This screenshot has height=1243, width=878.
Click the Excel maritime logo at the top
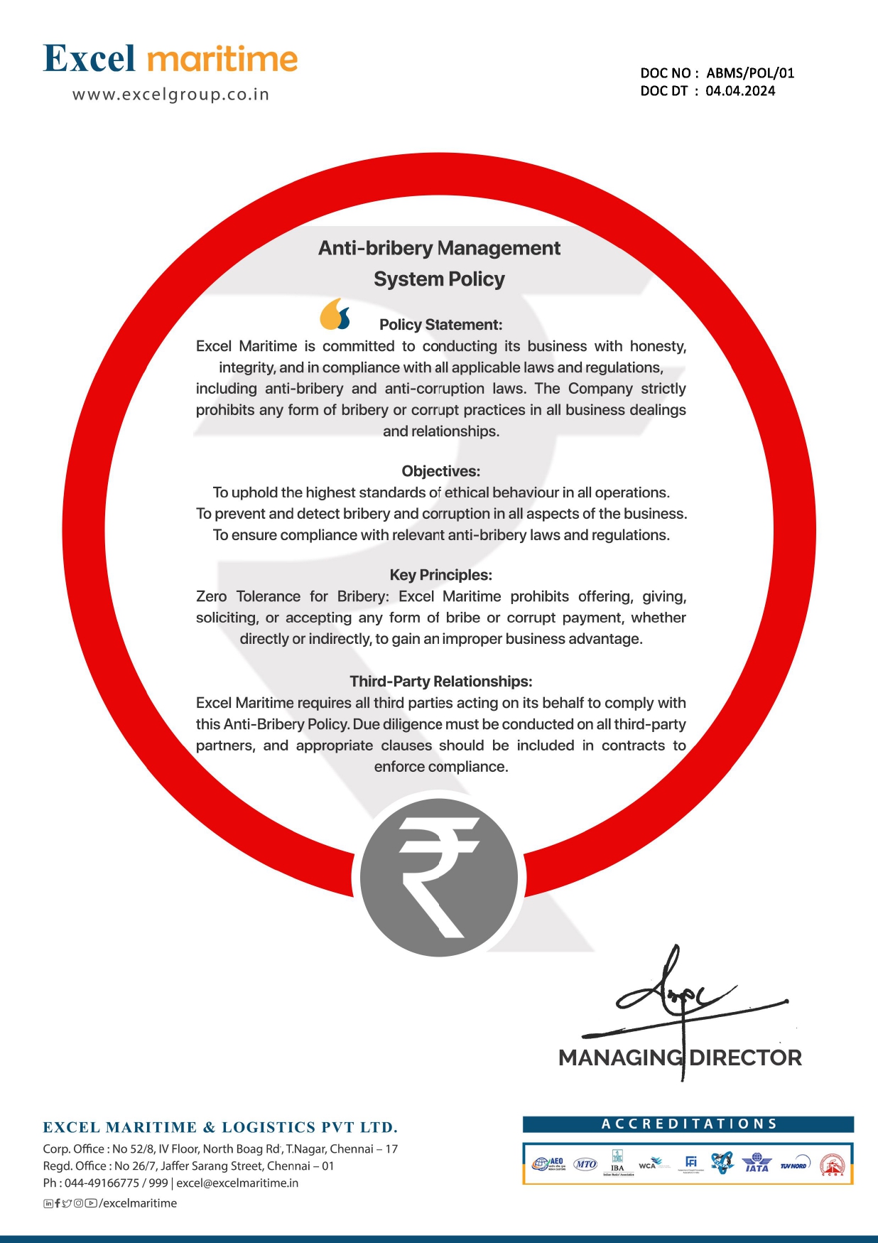[x=170, y=59]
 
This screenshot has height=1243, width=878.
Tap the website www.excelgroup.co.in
[x=170, y=95]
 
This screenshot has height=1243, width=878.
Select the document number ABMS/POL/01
[x=750, y=73]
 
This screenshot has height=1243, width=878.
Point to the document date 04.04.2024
[x=740, y=91]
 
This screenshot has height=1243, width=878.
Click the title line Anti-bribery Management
[x=439, y=248]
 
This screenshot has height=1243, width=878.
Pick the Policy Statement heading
[x=440, y=325]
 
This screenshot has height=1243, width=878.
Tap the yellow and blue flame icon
[x=335, y=314]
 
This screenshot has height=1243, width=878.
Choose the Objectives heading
[x=440, y=471]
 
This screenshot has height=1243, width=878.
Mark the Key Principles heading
[x=440, y=575]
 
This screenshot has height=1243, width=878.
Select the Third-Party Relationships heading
[x=440, y=682]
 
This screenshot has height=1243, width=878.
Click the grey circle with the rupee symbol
[x=439, y=877]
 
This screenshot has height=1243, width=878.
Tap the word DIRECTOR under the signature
[x=746, y=1058]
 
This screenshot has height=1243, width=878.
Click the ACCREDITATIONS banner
[x=688, y=1124]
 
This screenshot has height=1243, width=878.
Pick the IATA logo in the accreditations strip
[x=757, y=1163]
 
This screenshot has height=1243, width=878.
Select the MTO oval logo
[x=585, y=1164]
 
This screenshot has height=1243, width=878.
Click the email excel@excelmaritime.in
[x=237, y=1183]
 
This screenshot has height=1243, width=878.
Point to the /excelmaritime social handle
[x=138, y=1203]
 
